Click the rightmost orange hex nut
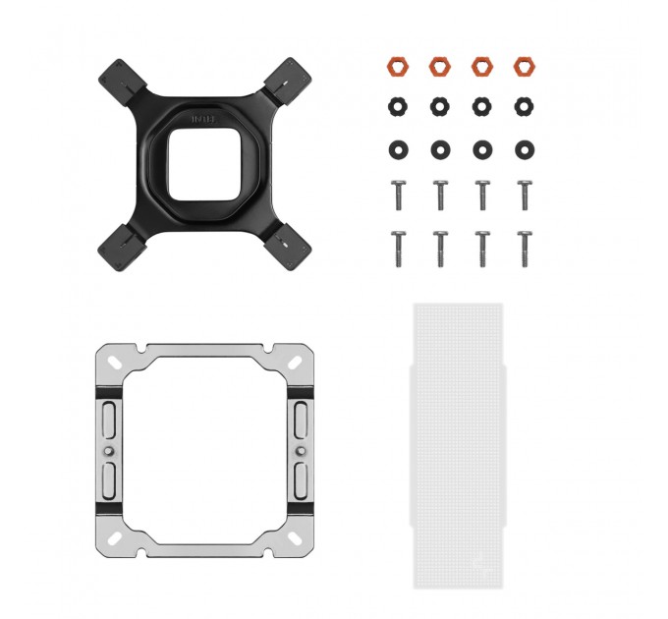523,67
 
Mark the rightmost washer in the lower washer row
523,148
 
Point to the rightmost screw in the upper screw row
523,194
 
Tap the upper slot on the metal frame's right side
299,421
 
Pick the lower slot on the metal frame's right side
299,482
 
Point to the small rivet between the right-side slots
299,452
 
